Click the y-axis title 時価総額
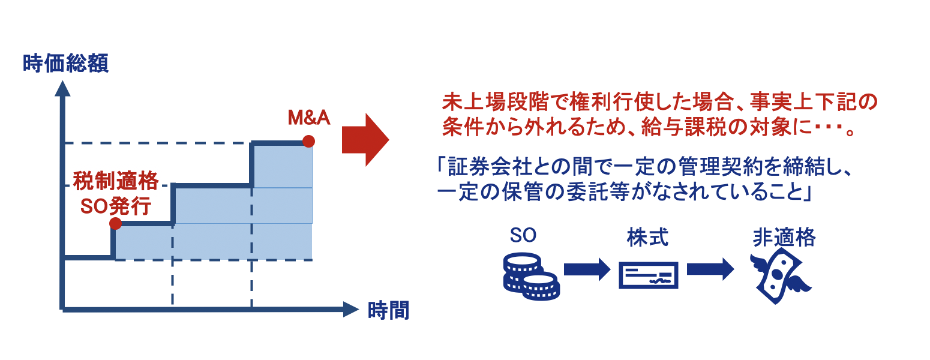tap(65, 64)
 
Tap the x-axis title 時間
tap(389, 311)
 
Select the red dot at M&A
tap(308, 141)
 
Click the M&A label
tap(309, 118)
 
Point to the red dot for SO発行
tap(115, 223)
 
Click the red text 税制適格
tap(116, 181)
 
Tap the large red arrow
tap(365, 140)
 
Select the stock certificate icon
tap(649, 275)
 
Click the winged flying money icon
tap(779, 276)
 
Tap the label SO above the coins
tap(523, 235)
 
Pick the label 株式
tap(647, 238)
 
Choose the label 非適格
tap(784, 238)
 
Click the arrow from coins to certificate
tap(587, 269)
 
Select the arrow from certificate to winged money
tap(710, 269)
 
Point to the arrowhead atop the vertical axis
tap(62, 88)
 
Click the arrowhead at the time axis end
tap(351, 310)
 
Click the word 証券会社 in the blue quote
tap(490, 167)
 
